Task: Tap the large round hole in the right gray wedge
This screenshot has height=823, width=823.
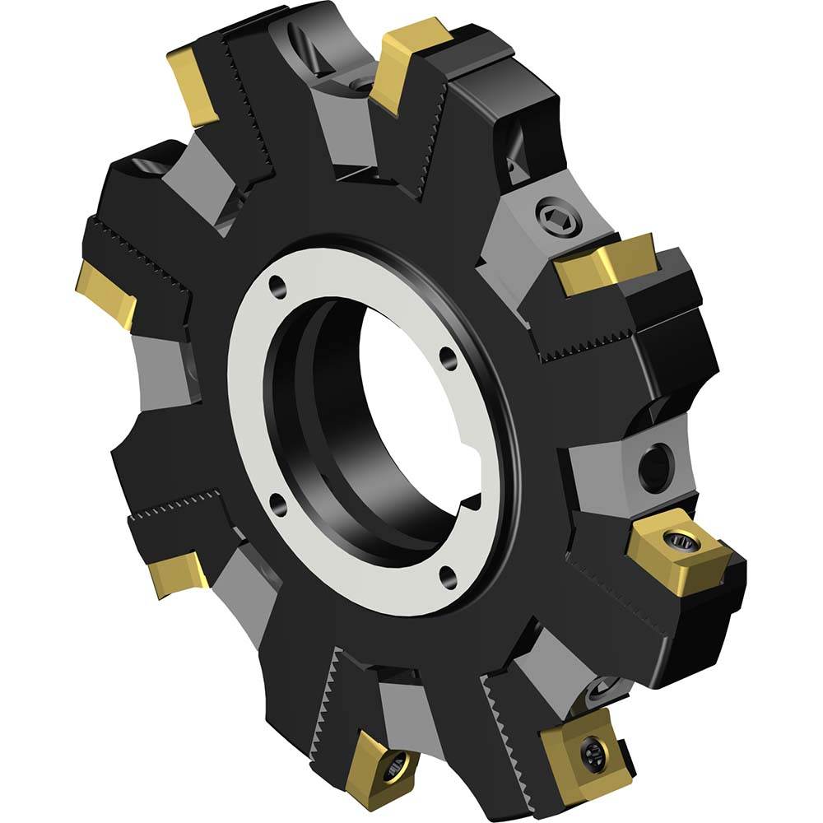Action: tap(656, 467)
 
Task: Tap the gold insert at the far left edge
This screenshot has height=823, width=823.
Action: tap(105, 293)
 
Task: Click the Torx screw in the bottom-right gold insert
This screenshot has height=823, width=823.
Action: tap(592, 751)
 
